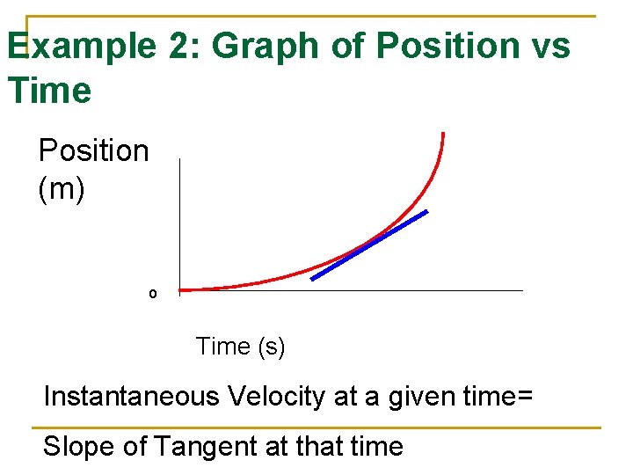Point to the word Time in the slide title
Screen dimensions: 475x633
point(48,91)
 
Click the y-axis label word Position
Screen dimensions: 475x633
point(94,151)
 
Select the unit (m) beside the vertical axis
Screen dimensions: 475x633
point(62,189)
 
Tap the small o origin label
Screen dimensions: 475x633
point(152,293)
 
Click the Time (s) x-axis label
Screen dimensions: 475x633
point(240,347)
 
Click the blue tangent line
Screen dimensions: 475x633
point(369,245)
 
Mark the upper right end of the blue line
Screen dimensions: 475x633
point(427,212)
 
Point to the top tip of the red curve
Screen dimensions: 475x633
point(443,135)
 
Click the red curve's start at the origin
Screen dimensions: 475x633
point(182,289)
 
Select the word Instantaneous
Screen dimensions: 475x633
point(131,397)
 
